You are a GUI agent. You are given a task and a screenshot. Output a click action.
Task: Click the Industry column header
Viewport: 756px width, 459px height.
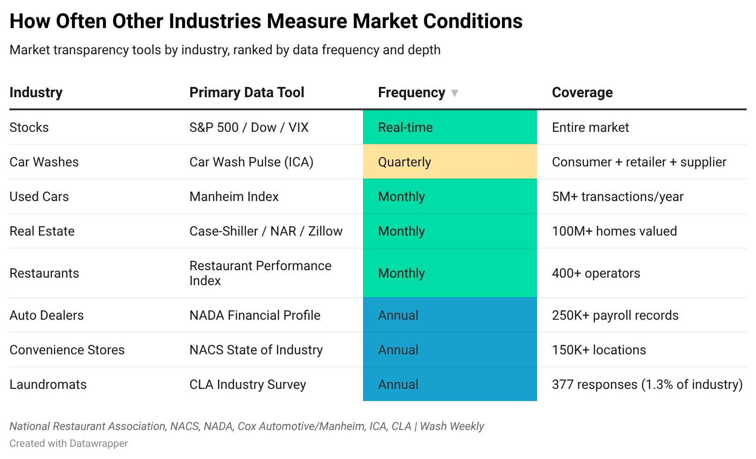pyautogui.click(x=36, y=93)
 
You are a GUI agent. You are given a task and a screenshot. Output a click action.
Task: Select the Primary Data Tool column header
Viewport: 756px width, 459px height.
pyautogui.click(x=247, y=93)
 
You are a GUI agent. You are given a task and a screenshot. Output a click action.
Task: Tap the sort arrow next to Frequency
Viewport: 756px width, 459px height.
pyautogui.click(x=454, y=93)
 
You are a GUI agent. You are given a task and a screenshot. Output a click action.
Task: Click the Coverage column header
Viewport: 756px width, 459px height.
pyautogui.click(x=582, y=93)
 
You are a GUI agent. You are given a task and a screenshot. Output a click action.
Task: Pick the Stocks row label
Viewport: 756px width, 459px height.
pyautogui.click(x=29, y=127)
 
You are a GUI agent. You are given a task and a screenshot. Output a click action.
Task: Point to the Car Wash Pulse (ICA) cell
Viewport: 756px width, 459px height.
pyautogui.click(x=251, y=162)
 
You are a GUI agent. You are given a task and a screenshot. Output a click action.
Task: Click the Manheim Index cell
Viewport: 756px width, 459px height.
pyautogui.click(x=234, y=196)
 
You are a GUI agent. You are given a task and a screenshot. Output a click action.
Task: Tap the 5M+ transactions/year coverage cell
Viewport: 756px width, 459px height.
pyautogui.click(x=618, y=196)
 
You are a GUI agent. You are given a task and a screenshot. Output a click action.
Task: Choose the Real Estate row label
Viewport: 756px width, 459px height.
pyautogui.click(x=42, y=231)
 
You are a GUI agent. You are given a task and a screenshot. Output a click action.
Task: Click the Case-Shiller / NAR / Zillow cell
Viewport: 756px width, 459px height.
pyautogui.click(x=266, y=231)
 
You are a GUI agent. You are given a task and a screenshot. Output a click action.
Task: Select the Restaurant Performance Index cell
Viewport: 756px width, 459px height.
pyautogui.click(x=260, y=273)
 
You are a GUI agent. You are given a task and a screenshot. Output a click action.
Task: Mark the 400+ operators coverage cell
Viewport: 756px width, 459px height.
pyautogui.click(x=596, y=273)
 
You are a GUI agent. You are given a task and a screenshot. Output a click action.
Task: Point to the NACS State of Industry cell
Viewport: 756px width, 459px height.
pyautogui.click(x=256, y=350)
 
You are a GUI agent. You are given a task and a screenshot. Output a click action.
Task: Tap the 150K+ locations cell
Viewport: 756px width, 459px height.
pyautogui.click(x=599, y=350)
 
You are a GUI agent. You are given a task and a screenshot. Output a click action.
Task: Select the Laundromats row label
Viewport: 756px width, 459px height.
pyautogui.click(x=48, y=384)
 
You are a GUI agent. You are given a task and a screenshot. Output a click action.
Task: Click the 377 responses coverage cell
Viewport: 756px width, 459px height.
pyautogui.click(x=647, y=384)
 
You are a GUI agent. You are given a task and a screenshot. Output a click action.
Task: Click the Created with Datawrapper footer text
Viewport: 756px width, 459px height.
pyautogui.click(x=68, y=443)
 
